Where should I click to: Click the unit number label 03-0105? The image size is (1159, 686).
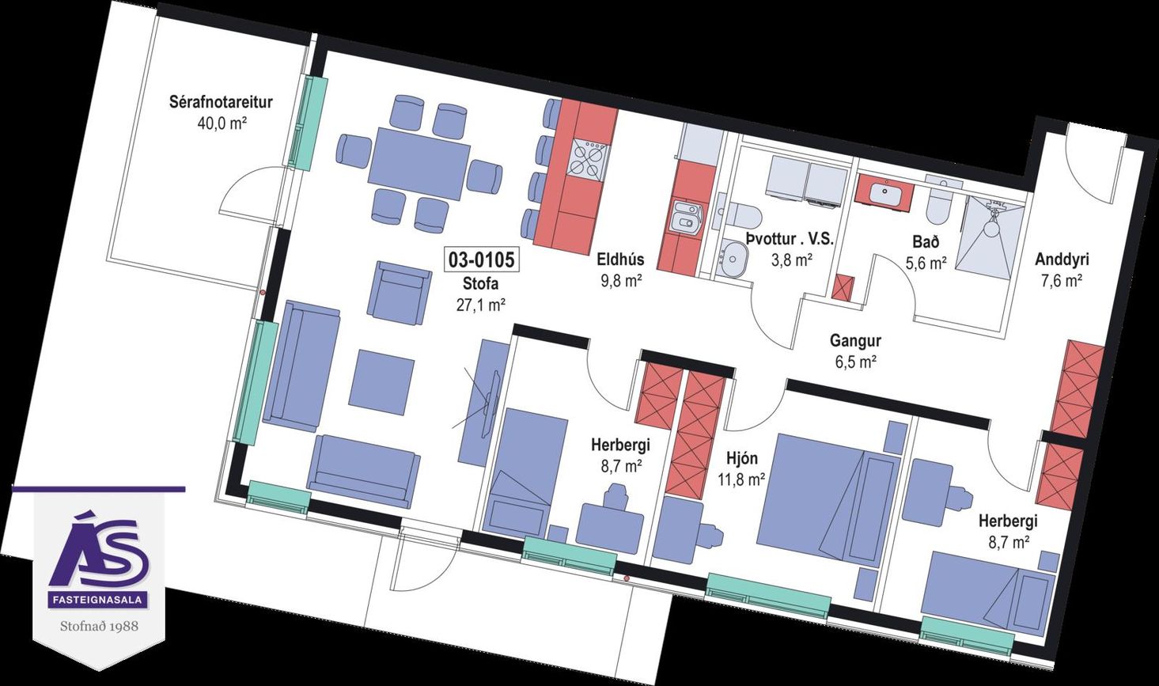coord(481,260)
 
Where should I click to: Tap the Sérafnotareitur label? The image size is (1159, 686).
coord(221,102)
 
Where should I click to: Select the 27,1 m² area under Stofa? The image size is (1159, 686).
coord(481,305)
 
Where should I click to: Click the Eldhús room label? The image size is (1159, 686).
coord(620,259)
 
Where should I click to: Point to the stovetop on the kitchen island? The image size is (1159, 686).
coord(587,158)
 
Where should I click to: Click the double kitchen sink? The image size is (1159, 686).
coord(687,218)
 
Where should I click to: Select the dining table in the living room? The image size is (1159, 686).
coord(419,164)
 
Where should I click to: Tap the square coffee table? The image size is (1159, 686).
coord(382,383)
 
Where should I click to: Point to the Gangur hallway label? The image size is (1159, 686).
coord(855,341)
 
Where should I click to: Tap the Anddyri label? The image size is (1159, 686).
coord(1062,260)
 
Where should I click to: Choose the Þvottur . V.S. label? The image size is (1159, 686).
coord(789,239)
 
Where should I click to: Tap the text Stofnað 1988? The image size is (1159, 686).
coord(100,626)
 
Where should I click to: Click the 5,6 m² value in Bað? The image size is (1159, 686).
coord(926,263)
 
